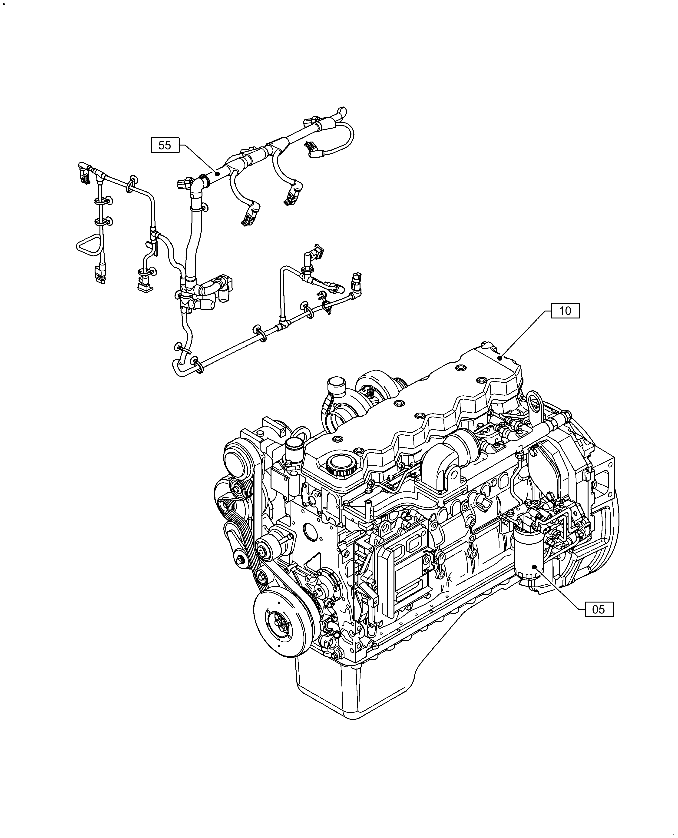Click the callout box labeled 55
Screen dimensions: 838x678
(x=165, y=145)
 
